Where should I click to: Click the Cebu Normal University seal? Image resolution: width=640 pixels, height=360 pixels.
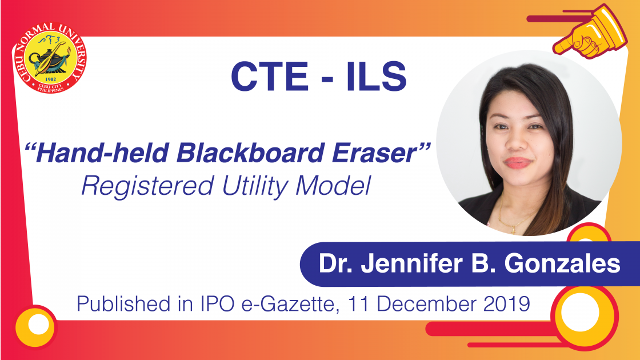pos(50,58)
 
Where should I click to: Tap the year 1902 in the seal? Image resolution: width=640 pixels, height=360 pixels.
pos(51,79)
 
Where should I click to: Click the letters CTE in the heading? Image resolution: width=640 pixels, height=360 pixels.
pos(269,77)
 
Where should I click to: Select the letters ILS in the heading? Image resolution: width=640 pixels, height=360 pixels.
pos(377,77)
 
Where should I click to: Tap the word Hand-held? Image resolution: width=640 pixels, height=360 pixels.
pos(102,153)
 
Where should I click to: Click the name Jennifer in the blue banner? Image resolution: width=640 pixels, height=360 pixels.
pos(412,263)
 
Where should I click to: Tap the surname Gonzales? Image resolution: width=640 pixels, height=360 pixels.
pos(562,263)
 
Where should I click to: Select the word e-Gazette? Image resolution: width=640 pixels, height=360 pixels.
pos(290,305)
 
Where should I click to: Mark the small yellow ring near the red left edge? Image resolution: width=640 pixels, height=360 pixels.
pos(36,326)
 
